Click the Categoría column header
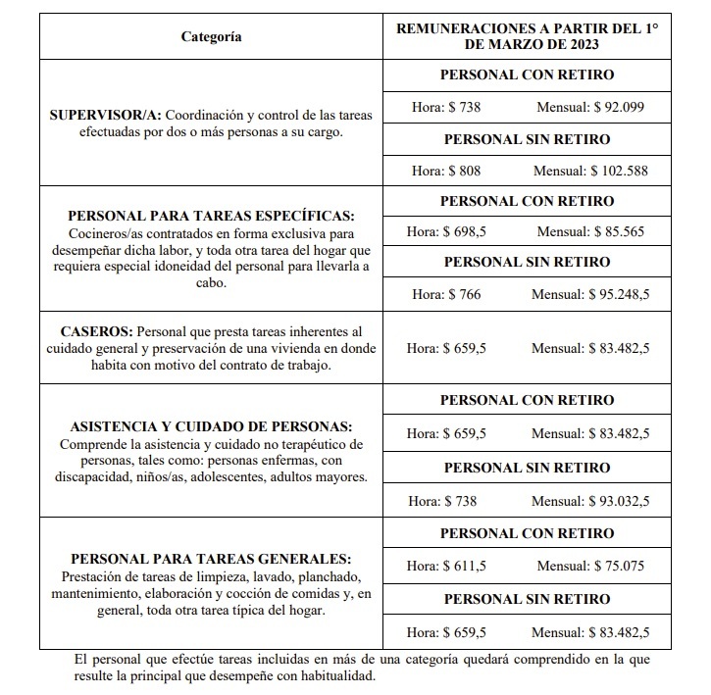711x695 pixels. [211, 37]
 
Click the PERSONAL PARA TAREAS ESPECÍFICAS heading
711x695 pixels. [211, 216]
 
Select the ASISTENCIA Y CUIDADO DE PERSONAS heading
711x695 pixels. [211, 426]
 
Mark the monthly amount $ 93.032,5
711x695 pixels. [618, 501]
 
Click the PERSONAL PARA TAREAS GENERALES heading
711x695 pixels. [211, 558]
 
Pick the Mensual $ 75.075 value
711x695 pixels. [618, 566]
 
